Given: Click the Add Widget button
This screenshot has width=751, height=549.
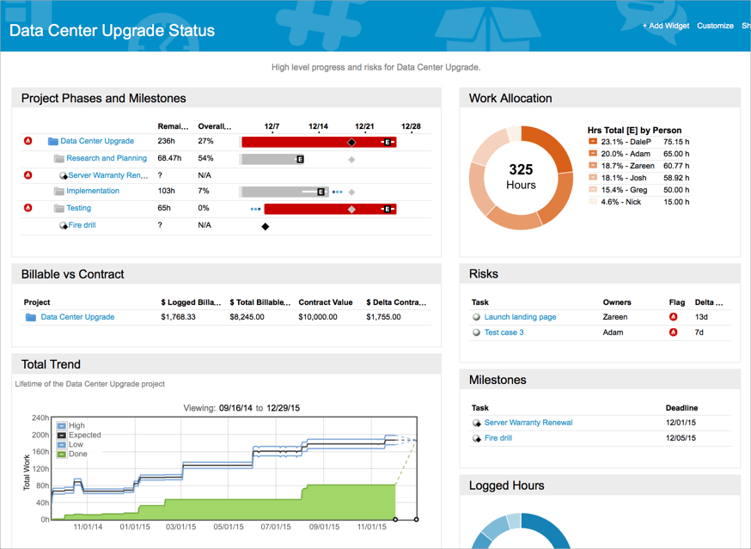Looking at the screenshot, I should [666, 26].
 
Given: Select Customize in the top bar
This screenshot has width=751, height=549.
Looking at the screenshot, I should [716, 26].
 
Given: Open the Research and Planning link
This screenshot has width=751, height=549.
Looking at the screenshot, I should [107, 158].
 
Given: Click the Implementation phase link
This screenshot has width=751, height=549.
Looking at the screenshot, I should [93, 191].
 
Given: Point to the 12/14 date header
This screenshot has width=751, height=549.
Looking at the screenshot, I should [318, 126].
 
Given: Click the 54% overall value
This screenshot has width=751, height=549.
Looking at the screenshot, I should [205, 158].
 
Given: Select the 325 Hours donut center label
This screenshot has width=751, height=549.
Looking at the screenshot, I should [521, 177].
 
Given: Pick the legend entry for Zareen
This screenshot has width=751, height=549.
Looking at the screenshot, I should [627, 166].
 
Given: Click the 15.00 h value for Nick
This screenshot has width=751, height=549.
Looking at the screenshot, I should [675, 202].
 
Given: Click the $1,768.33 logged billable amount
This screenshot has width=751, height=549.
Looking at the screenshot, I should [178, 317].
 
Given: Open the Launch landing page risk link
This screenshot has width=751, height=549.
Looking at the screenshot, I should [520, 317].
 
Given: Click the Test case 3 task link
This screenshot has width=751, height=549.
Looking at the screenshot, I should [504, 332].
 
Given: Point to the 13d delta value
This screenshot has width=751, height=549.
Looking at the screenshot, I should [701, 317].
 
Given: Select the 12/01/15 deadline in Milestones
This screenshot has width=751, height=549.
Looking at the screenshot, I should [681, 423].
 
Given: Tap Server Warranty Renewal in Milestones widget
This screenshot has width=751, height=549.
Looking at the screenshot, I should [528, 423].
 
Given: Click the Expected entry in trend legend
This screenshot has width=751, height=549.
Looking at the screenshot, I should [84, 436].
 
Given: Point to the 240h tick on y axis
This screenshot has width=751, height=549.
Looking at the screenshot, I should [40, 418].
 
